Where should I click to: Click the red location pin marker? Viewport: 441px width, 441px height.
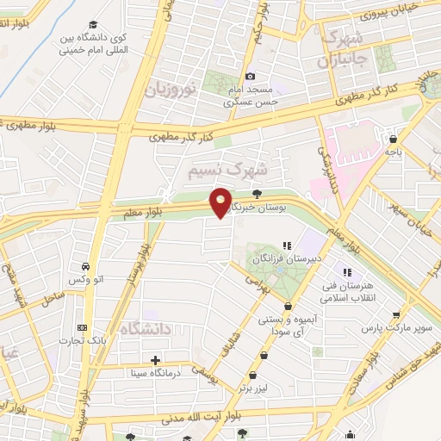[x=221, y=202]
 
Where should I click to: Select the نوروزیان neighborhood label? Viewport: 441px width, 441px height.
[x=171, y=88]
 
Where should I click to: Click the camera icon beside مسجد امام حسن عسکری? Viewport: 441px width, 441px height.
[x=251, y=76]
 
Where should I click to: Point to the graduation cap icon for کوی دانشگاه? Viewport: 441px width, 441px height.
[x=93, y=27]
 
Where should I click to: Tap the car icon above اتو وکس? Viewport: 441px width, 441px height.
[x=86, y=267]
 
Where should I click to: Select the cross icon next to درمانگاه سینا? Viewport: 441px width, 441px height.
[x=155, y=360]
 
